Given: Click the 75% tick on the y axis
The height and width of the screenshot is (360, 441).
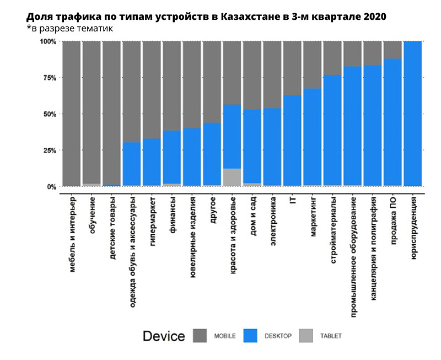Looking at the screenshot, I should coord(49,78).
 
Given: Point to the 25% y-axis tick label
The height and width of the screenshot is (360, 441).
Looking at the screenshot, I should coord(49,151).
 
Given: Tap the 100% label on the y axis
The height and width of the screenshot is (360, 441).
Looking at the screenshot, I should coord(47,42).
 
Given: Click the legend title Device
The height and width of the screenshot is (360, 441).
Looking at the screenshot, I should coord(164,336).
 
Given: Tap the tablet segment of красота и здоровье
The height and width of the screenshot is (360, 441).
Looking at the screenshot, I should coord(233,178).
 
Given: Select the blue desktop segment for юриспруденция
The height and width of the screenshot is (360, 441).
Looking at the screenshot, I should coord(413,114).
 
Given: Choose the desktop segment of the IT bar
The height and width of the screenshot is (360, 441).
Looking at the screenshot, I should coord(293,141).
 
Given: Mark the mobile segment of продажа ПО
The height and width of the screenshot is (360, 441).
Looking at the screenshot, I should coord(392,50).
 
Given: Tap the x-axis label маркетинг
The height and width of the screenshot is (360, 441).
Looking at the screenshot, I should coord(313,218).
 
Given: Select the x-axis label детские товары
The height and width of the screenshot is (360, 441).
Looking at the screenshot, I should coord(112,229).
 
